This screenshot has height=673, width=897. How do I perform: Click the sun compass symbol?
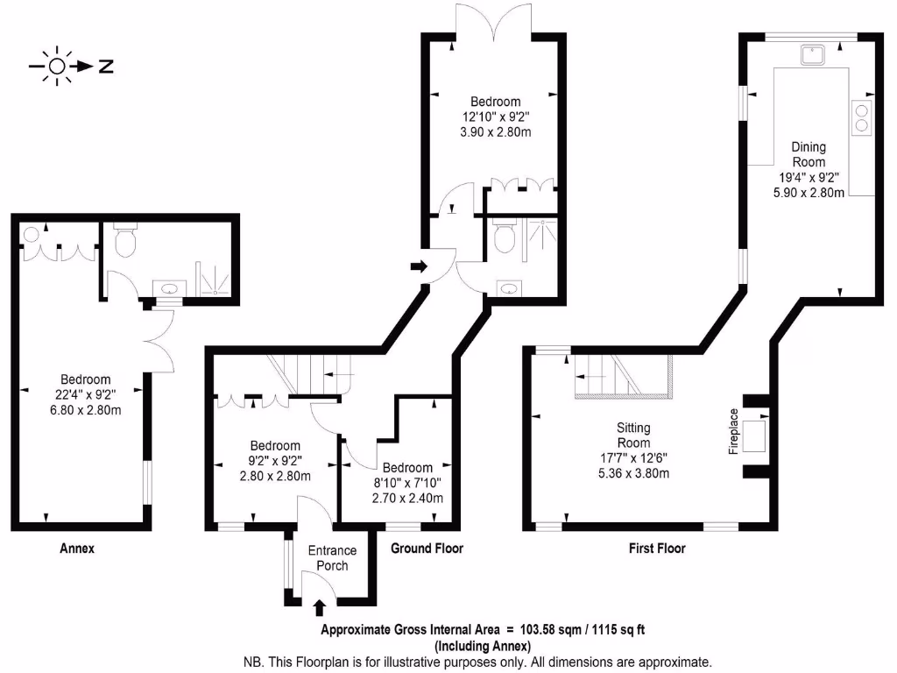[x=58, y=67]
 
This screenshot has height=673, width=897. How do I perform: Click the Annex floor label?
[x=76, y=549]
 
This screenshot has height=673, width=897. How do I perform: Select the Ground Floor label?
[x=427, y=549]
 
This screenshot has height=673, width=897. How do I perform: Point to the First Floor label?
[x=657, y=549]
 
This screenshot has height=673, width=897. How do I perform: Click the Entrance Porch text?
[x=332, y=557]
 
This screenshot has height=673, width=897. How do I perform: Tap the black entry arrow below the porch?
[x=319, y=606]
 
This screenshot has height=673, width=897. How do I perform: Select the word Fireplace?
[x=734, y=431]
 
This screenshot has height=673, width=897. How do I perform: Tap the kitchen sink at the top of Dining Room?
[x=813, y=55]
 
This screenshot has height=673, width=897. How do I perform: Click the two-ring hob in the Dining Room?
[x=862, y=117]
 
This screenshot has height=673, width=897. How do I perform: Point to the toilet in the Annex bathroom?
[x=125, y=242]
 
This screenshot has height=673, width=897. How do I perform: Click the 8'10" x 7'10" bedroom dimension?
[x=407, y=483]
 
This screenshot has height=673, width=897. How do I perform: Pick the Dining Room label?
[x=809, y=154]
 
